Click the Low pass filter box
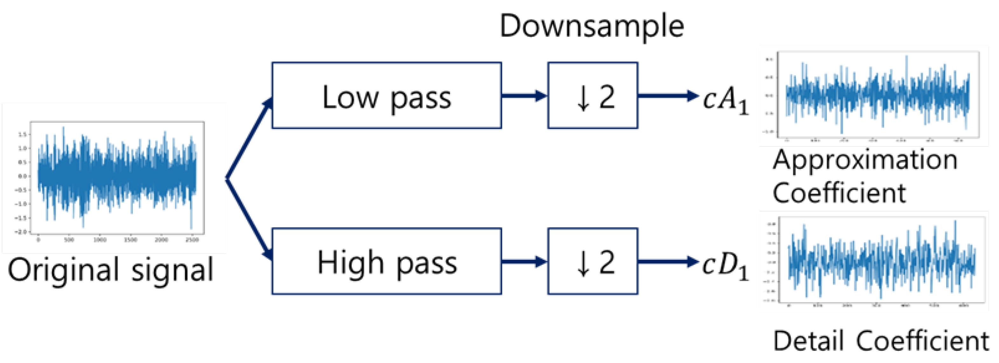pyautogui.click(x=386, y=96)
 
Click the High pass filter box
pyautogui.click(x=386, y=261)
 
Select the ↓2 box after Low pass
pyautogui.click(x=592, y=96)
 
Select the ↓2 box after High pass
pyautogui.click(x=592, y=261)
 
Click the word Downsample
pyautogui.click(x=591, y=26)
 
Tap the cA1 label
pyautogui.click(x=725, y=100)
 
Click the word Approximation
pyautogui.click(x=865, y=160)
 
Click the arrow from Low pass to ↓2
pyautogui.click(x=524, y=96)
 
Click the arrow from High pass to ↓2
pyautogui.click(x=524, y=261)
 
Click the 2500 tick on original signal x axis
pyautogui.click(x=192, y=240)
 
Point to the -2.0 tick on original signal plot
pyautogui.click(x=21, y=232)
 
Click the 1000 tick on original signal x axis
pyautogui.click(x=100, y=240)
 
